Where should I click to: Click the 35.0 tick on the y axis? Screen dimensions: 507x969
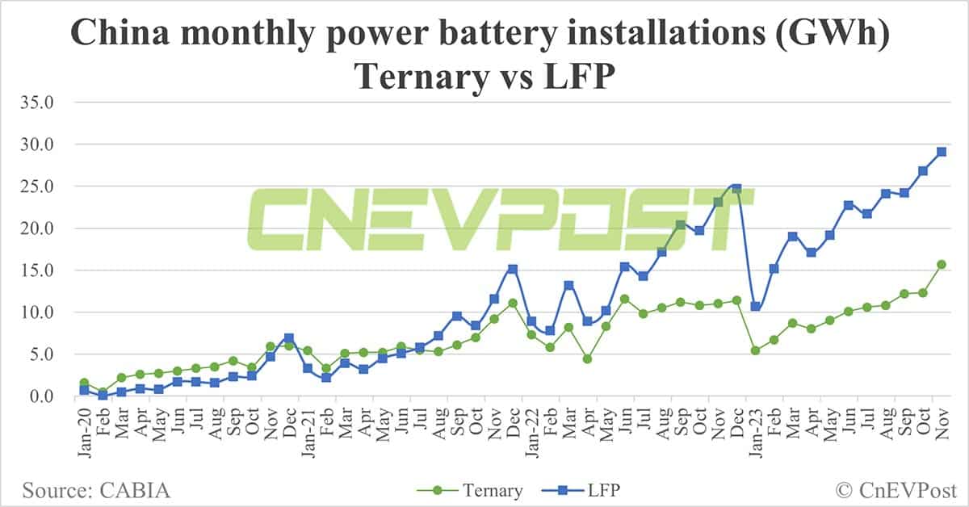coord(38,103)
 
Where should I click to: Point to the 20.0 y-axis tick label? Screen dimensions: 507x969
coord(38,228)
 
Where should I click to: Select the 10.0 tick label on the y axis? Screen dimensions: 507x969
coord(38,312)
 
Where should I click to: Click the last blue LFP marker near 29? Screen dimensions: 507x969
coord(942,152)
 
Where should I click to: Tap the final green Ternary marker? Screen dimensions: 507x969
coord(942,264)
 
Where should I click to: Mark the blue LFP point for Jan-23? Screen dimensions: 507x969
coord(755,307)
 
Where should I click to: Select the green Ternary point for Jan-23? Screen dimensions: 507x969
coord(755,350)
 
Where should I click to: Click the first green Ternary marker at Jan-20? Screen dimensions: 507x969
coord(84,383)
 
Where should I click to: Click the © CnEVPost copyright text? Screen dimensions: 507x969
coord(895,490)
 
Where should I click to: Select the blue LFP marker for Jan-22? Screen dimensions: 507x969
coord(531,321)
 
